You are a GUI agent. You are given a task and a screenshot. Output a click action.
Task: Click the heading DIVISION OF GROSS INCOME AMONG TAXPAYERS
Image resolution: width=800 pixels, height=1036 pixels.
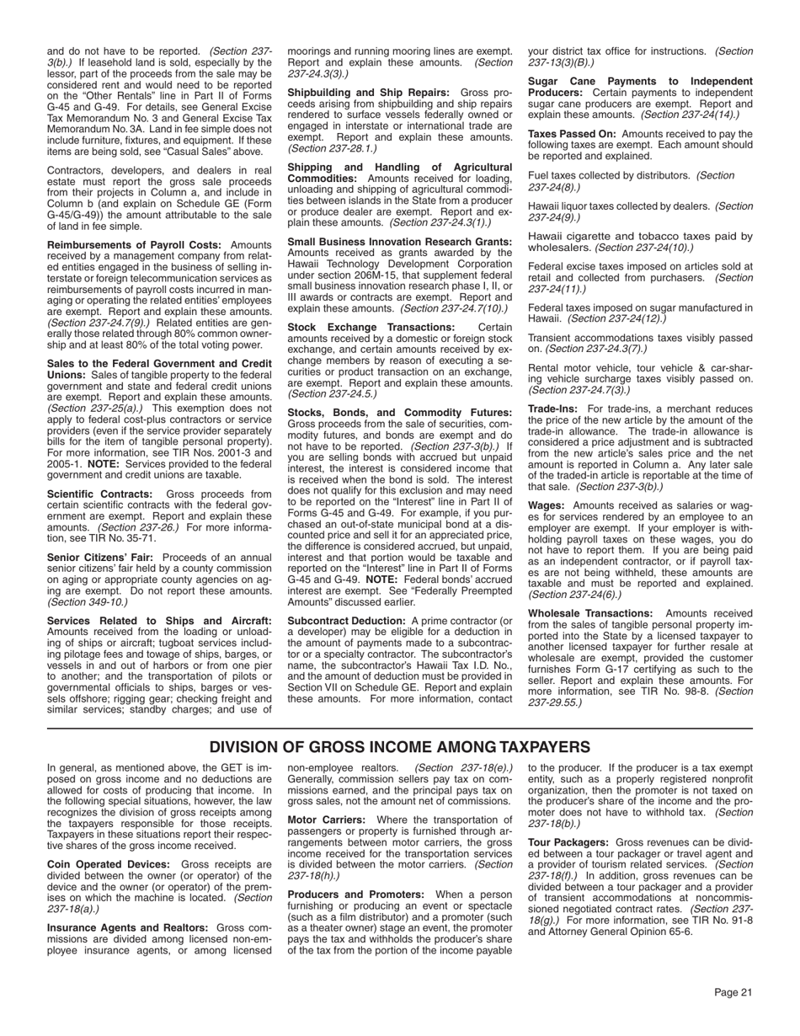tap(399, 747)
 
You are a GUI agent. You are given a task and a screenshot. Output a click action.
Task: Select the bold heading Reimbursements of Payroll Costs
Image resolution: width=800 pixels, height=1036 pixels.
tap(134, 245)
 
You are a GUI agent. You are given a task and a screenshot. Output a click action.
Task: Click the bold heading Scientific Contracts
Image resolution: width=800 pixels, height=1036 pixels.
tap(99, 494)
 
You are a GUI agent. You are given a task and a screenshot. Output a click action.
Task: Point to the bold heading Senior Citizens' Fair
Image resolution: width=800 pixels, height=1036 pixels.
tap(100, 557)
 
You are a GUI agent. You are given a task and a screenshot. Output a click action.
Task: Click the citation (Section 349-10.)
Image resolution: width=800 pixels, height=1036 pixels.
tap(88, 601)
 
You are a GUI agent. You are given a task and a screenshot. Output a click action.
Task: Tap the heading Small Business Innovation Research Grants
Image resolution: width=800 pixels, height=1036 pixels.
tap(400, 242)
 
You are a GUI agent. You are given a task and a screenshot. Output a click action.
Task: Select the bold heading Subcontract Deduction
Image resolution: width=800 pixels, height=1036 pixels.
tap(346, 621)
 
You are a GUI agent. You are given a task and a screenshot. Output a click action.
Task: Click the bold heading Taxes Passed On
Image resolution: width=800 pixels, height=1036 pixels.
tap(571, 134)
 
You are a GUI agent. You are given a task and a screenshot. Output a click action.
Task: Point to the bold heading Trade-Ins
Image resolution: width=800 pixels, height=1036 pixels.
tap(552, 409)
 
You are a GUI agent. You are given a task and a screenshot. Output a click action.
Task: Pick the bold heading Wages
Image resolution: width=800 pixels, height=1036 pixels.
tap(546, 505)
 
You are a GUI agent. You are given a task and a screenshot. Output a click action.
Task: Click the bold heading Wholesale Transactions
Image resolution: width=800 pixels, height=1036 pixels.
tap(589, 613)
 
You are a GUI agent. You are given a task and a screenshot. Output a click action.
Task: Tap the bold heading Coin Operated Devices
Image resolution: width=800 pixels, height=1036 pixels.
tap(108, 864)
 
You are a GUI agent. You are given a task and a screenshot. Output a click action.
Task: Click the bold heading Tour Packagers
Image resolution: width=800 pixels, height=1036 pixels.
tap(568, 842)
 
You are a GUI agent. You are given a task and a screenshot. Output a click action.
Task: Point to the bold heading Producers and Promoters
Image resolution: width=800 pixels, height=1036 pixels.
tap(355, 894)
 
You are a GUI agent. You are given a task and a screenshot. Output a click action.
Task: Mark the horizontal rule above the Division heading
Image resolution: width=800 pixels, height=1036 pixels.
tap(399, 727)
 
